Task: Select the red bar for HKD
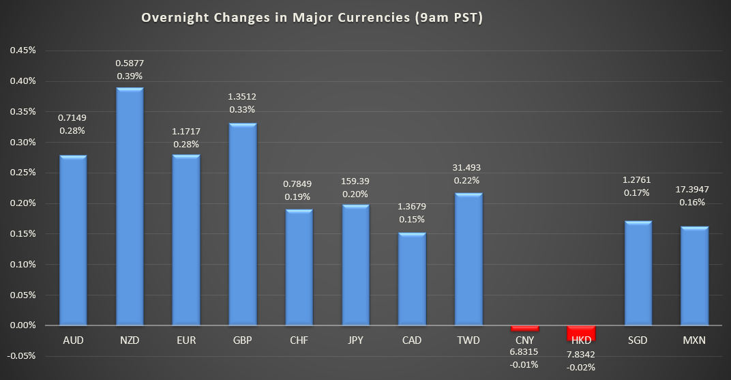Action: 581,333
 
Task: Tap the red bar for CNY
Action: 525,328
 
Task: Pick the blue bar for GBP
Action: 243,224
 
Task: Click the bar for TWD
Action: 468,259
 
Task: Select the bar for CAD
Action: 412,279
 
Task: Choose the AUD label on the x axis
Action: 73,340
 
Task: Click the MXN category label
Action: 695,340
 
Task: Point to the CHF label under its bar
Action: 299,340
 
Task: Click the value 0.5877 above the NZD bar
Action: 130,63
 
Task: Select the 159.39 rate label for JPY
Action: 355,182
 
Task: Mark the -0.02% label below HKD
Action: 581,367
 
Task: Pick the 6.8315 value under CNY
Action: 524,351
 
